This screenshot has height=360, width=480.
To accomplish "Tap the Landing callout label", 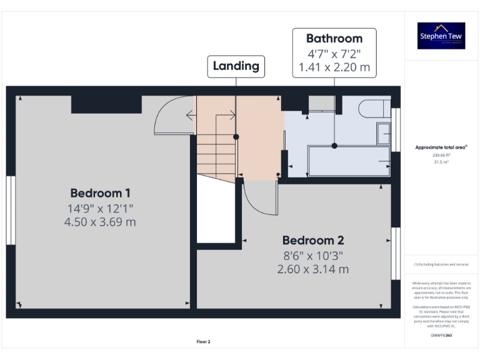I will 236,66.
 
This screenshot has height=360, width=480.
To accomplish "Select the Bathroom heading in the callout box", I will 334,39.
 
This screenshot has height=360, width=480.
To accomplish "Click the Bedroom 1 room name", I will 100,193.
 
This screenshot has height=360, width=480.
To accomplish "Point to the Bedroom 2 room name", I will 312,241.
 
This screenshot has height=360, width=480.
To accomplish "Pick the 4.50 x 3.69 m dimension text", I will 100,222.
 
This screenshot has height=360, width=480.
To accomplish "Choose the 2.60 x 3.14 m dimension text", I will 312,269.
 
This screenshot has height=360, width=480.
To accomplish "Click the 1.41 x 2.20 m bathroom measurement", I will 334,67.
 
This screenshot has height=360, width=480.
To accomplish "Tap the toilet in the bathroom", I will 375,107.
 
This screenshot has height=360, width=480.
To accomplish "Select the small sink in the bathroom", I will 384,133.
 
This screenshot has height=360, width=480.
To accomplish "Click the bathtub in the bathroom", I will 348,161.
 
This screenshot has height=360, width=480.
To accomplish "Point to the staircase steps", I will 216,150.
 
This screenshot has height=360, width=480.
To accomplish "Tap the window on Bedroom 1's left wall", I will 10,210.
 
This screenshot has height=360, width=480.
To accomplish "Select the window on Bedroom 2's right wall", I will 395,253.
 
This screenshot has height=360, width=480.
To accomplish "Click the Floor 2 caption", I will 204,342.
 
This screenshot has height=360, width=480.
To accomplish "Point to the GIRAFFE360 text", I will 441,336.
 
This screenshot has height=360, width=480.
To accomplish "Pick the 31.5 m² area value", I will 441,161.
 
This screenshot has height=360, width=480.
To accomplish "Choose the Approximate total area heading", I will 441,147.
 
